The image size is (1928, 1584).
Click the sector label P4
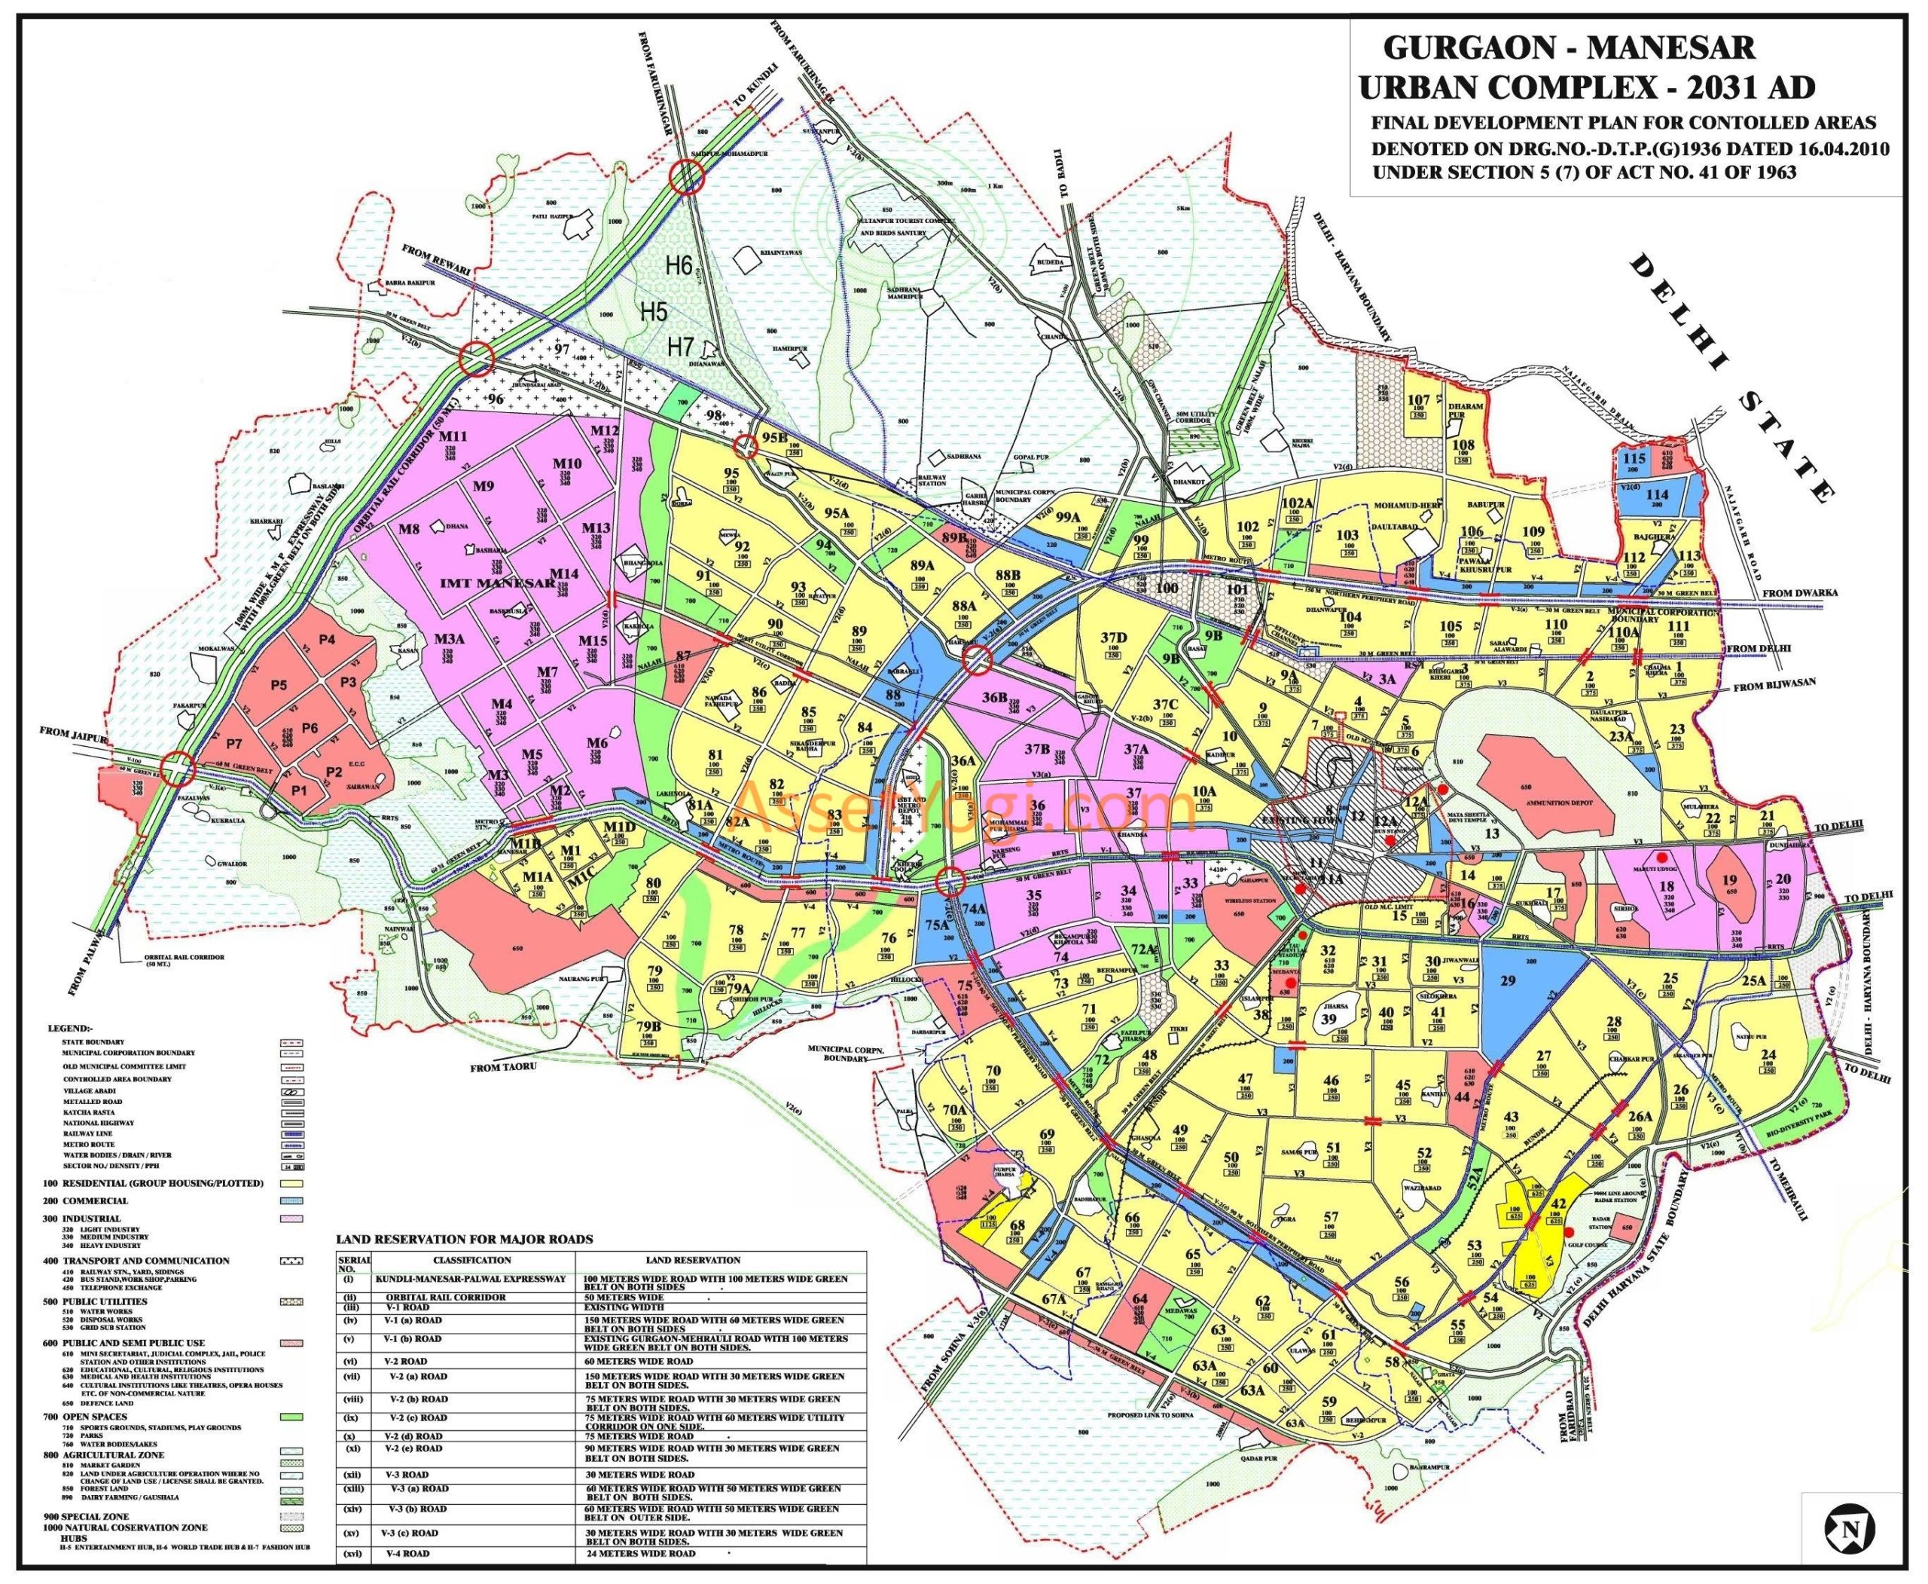[x=327, y=641]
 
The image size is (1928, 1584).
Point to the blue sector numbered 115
[x=1634, y=459]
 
